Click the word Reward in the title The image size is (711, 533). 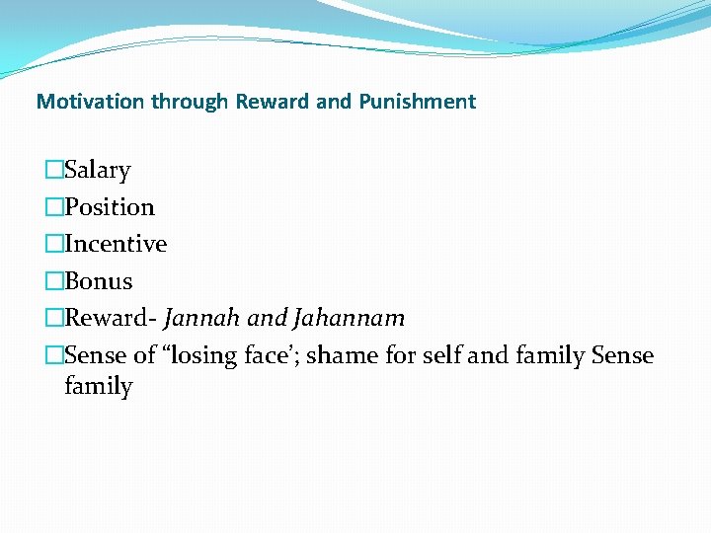pos(268,101)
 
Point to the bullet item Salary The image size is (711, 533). pos(97,171)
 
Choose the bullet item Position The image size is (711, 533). pos(109,207)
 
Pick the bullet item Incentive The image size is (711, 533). pos(115,244)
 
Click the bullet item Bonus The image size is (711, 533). pos(98,281)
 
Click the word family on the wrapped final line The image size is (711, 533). pos(98,386)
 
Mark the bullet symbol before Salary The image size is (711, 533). pos(54,171)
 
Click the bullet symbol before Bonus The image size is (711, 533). pos(54,281)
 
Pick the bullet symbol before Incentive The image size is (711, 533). pos(54,244)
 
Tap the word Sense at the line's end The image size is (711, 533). pos(622,355)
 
